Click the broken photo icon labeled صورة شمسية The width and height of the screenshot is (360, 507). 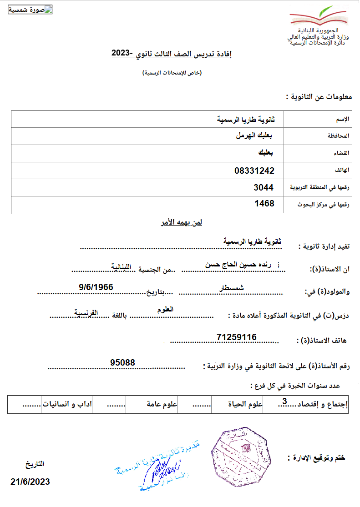[30, 10]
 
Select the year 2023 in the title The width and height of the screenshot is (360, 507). [122, 54]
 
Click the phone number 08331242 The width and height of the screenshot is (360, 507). [254, 171]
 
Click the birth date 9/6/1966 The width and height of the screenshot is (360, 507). [96, 287]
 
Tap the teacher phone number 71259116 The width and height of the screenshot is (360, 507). [237, 337]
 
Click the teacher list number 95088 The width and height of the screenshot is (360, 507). [122, 362]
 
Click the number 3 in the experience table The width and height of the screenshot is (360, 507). [284, 401]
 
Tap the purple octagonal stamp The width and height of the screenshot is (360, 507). [240, 456]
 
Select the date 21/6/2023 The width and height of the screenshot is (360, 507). [30, 482]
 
